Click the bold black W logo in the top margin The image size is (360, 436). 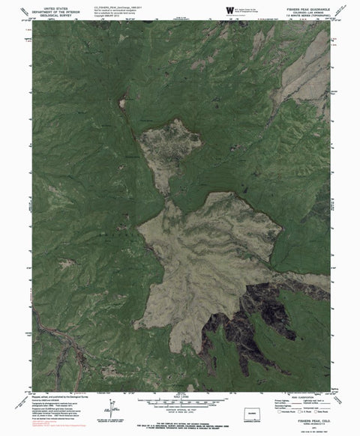click(228, 10)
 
